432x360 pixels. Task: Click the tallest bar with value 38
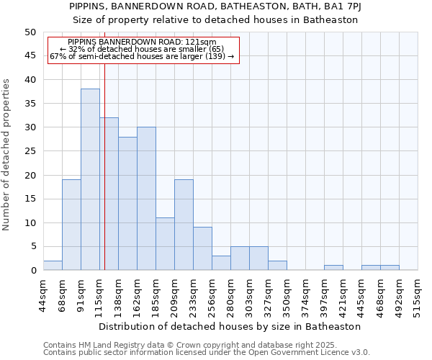(90, 179)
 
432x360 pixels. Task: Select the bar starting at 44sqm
(53, 266)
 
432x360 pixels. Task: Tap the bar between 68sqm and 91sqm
(71, 225)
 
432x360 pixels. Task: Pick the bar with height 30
(146, 199)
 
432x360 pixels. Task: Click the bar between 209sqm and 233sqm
(184, 225)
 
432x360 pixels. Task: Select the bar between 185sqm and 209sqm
(165, 244)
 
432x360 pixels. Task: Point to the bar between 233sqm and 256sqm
(202, 248)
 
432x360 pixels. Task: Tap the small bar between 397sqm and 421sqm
(333, 268)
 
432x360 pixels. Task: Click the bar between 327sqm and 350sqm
(277, 266)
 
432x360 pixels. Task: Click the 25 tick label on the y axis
(30, 151)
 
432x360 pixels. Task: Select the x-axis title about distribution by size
(230, 326)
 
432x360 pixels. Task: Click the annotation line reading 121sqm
(142, 42)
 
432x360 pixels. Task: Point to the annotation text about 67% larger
(142, 56)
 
